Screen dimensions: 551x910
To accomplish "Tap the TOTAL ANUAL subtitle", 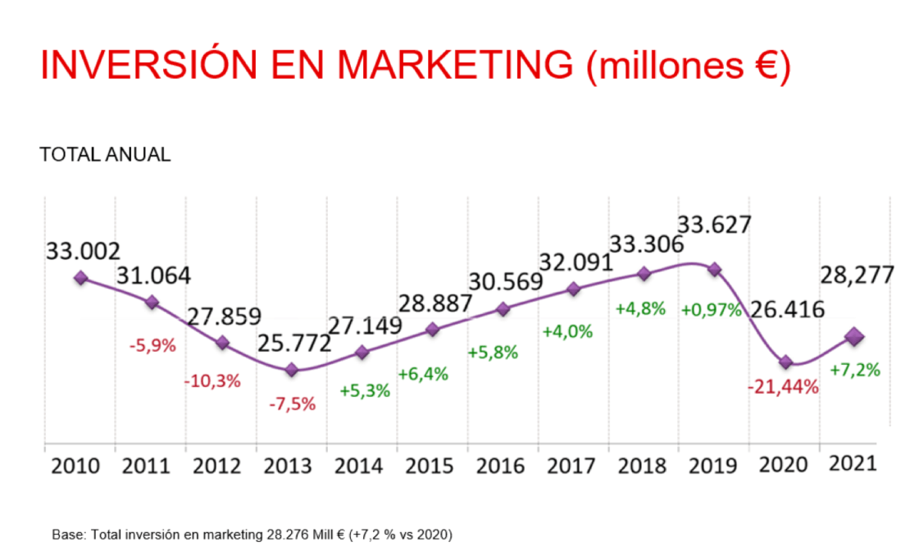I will [x=105, y=155].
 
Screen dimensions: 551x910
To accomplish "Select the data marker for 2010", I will [x=80, y=278].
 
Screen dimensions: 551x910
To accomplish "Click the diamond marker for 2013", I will [x=292, y=371].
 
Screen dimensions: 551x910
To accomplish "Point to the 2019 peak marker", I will [x=715, y=269].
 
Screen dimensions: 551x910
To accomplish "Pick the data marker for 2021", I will [x=855, y=336].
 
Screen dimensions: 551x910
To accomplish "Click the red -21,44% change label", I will [x=783, y=387].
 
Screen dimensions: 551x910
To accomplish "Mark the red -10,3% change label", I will [x=212, y=380].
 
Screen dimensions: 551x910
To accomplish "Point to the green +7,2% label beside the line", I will [x=855, y=370].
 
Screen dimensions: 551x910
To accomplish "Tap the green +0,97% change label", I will [x=710, y=311].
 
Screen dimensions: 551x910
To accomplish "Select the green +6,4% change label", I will [x=423, y=374].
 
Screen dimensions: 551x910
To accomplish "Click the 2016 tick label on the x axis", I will [x=502, y=466].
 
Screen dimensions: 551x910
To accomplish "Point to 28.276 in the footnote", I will [x=283, y=534].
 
